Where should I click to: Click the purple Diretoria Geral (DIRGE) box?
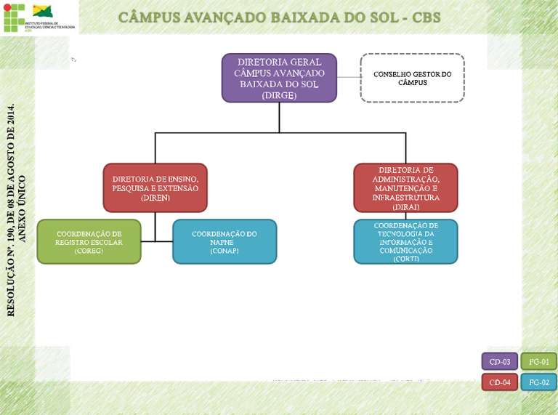(279, 78)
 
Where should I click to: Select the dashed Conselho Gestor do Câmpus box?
(412, 78)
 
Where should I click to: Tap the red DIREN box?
(155, 188)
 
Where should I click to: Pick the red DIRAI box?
(405, 188)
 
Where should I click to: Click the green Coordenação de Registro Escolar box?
(89, 241)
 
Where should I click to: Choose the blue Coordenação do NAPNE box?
(225, 241)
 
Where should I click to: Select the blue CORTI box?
(405, 241)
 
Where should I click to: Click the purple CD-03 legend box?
(499, 361)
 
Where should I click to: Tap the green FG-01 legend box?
(538, 361)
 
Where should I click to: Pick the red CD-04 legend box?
(499, 382)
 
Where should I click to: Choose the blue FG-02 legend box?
(538, 382)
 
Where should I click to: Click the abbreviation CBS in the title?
(426, 17)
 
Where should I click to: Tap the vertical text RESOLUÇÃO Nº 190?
(11, 211)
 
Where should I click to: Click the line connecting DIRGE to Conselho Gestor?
(349, 78)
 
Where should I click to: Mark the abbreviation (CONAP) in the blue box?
(225, 251)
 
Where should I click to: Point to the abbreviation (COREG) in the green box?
(89, 251)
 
